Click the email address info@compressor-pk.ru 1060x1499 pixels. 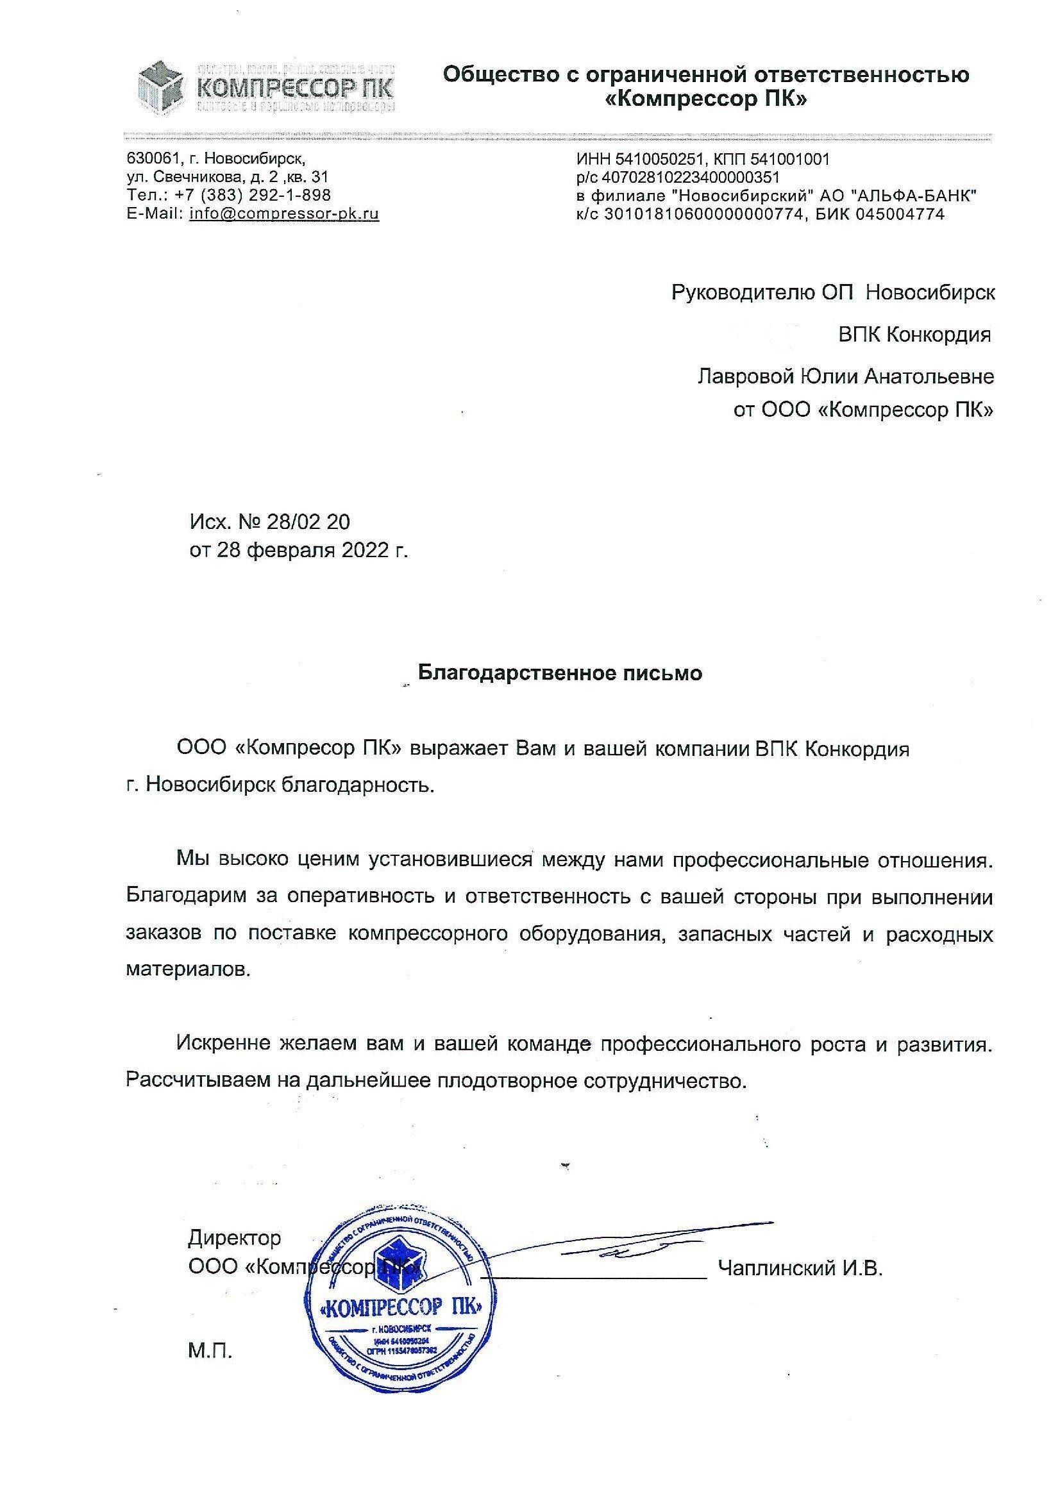point(284,214)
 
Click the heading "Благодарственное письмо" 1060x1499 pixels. point(560,673)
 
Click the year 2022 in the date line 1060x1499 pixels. point(364,550)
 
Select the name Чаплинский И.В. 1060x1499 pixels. point(800,1269)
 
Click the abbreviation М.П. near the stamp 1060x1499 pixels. point(210,1351)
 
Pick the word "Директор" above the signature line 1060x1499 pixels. point(235,1237)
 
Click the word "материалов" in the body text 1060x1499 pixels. point(187,969)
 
